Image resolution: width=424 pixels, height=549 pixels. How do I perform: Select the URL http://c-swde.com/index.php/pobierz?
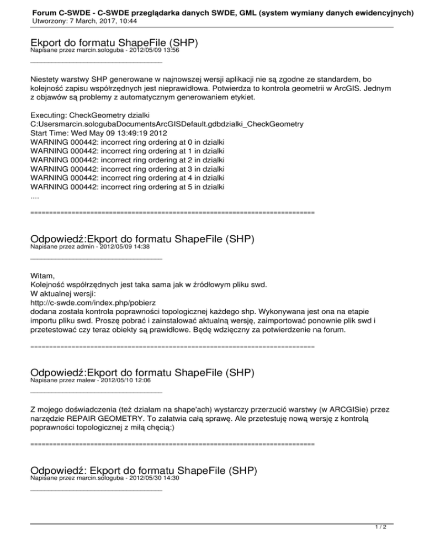coord(93,303)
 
